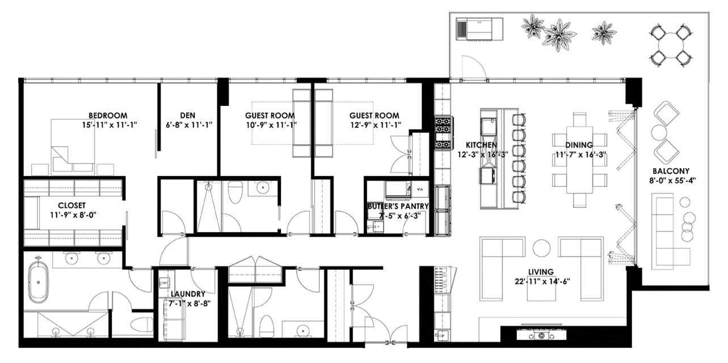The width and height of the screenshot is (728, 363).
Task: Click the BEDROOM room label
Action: pos(108,116)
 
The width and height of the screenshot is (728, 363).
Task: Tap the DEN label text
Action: pos(188,116)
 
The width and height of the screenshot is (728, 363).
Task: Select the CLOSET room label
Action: pos(71,205)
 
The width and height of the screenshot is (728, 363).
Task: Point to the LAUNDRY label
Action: pos(188,294)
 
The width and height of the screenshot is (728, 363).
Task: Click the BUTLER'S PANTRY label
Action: pos(397,206)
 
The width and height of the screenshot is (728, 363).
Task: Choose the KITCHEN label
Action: pos(482,144)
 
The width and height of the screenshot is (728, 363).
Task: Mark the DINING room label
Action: pos(579,144)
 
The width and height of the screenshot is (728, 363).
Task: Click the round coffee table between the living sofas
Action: pos(541,248)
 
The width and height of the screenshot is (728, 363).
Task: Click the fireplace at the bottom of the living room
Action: pos(541,335)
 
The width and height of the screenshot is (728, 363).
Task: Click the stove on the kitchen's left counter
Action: pos(443,132)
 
